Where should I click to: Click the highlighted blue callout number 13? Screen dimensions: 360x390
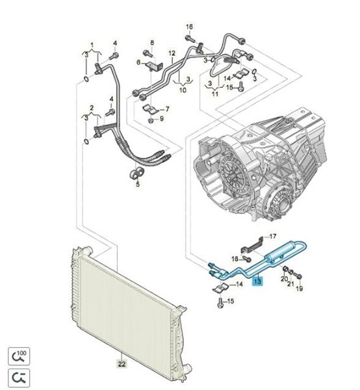pos(257,281)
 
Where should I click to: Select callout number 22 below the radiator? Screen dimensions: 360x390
pos(122,364)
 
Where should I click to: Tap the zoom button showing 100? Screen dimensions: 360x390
pos(19,356)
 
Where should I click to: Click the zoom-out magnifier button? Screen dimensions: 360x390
pos(19,378)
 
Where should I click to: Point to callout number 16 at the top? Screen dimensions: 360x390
pos(190,27)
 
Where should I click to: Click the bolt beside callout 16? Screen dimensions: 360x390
pos(190,38)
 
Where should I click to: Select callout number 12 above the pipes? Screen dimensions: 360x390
pos(172,53)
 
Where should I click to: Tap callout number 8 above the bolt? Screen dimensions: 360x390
pos(152,42)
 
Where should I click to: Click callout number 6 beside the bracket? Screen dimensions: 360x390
pos(138,62)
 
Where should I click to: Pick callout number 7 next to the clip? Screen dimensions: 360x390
pos(167,109)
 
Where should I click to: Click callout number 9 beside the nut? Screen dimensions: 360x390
pos(162,118)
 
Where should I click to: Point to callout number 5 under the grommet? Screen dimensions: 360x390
pos(138,184)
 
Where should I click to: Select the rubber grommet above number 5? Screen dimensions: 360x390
pos(136,173)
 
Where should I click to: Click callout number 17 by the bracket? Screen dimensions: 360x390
pos(273,236)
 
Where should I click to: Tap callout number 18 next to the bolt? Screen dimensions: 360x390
pos(235,259)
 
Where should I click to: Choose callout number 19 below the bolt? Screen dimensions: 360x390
pos(300,288)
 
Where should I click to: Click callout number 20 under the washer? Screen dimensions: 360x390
pos(284,279)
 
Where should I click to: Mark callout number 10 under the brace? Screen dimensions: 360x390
pos(183,90)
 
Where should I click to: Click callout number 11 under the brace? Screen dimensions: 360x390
pos(215,94)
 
